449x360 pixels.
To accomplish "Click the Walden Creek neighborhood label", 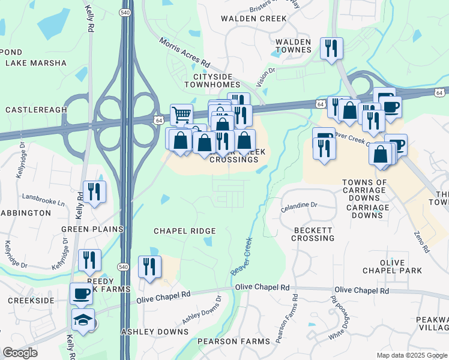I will (254, 19).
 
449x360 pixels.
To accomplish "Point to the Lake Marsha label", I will (36, 62).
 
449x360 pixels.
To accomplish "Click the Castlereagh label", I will (35, 110).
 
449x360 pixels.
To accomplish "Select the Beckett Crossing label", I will (313, 234).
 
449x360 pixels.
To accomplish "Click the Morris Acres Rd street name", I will (184, 52).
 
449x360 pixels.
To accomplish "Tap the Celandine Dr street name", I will (299, 206).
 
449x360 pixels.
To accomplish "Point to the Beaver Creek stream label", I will (241, 256).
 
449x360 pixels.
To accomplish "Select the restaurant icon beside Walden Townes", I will (331, 48).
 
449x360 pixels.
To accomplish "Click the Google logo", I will (20, 353).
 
